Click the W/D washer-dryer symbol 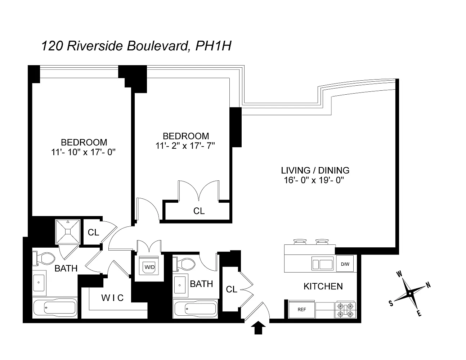pos(148,267)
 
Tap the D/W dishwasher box pos(345,264)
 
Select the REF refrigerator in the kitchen pos(302,310)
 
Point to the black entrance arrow pos(258,328)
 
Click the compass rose pos(409,293)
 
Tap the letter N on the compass pos(428,285)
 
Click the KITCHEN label pos(323,287)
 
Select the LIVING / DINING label pos(315,170)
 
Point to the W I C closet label pos(112,298)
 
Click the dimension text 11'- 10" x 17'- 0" pos(84,152)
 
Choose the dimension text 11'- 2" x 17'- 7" pos(185,146)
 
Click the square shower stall pos(67,231)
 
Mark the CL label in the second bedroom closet pos(199,211)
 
